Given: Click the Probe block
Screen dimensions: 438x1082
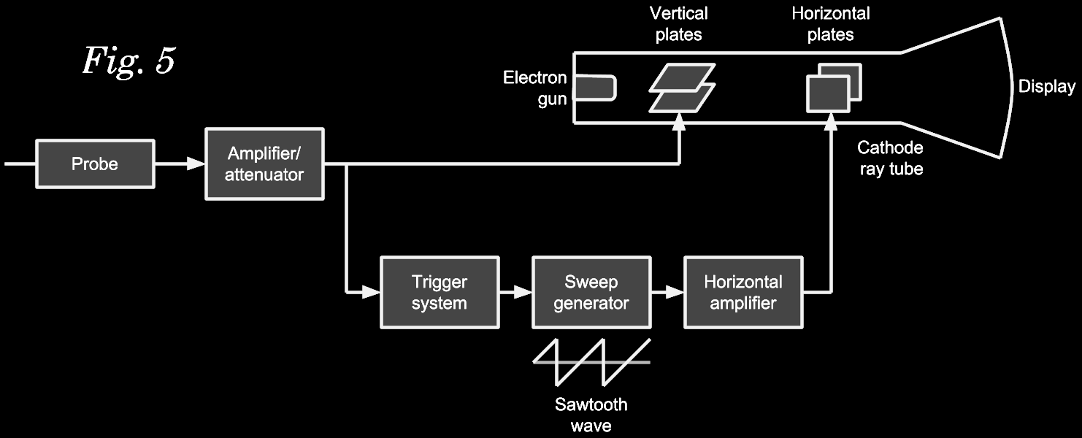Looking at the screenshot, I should (95, 164).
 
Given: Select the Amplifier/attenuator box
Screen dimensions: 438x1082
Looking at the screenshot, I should (264, 164).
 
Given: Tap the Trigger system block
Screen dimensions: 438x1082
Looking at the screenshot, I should (440, 292).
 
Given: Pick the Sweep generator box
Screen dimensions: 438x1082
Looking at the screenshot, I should (591, 292).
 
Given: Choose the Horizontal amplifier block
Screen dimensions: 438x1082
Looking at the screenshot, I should (743, 292).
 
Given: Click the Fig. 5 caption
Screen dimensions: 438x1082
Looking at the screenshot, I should (128, 61).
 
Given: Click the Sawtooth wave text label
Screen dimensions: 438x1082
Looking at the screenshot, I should (591, 415).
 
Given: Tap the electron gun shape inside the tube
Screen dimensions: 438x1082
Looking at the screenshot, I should (594, 88).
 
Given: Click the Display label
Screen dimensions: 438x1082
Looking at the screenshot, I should (1047, 87).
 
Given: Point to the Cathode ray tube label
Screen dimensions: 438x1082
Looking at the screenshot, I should (890, 158).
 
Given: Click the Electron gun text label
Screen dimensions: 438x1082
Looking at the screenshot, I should (535, 88).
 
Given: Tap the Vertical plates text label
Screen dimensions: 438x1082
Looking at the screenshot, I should (678, 23).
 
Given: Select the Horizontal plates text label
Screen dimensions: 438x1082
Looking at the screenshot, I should (831, 23).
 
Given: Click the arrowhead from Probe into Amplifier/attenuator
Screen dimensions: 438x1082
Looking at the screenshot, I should (196, 164).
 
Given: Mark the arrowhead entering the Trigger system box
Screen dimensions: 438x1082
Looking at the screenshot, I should (371, 292).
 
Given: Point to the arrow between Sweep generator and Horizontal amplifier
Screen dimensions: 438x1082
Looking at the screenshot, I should (667, 292).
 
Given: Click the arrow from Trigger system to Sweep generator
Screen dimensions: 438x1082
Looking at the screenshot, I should (516, 292).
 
